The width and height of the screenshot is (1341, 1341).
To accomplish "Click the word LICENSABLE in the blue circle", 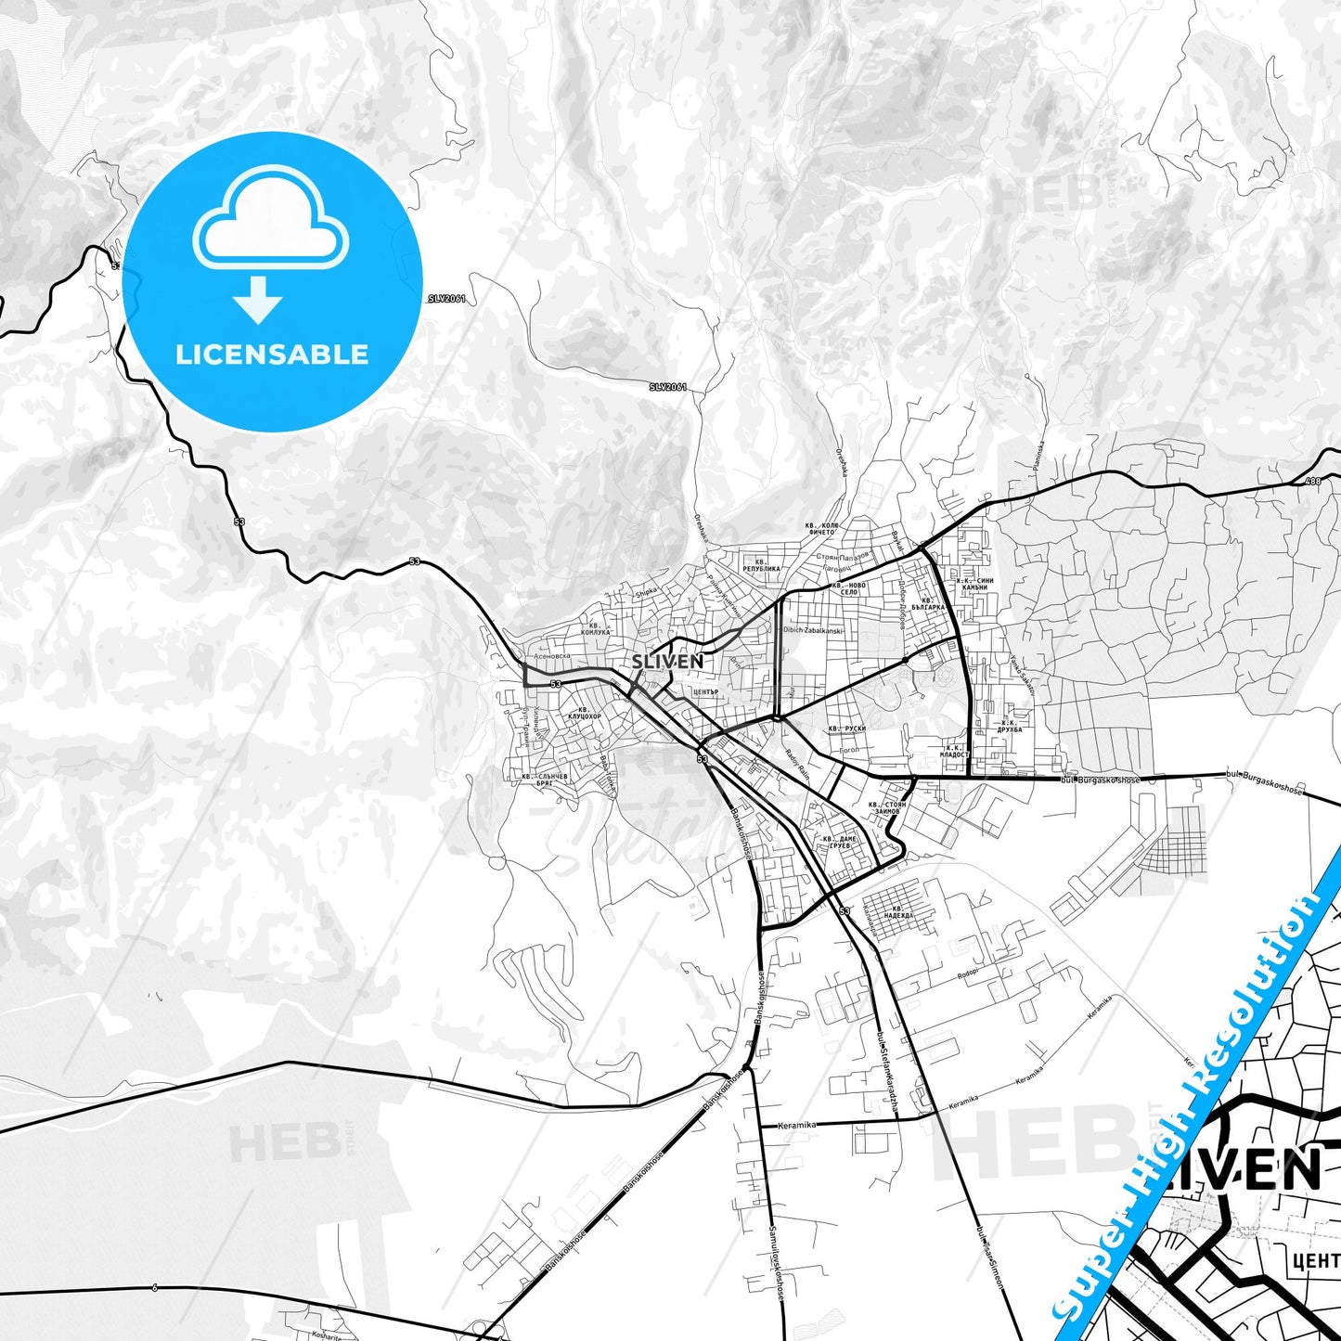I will [x=272, y=355].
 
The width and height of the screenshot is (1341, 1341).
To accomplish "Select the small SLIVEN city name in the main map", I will [x=667, y=662].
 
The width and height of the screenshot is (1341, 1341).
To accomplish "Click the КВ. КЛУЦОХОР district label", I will [x=584, y=713].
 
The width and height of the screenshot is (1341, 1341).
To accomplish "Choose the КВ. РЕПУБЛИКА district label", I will [x=761, y=565].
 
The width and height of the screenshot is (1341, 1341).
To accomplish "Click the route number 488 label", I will [x=1311, y=481].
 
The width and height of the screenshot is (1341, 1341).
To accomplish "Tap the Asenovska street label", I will [x=547, y=655].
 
